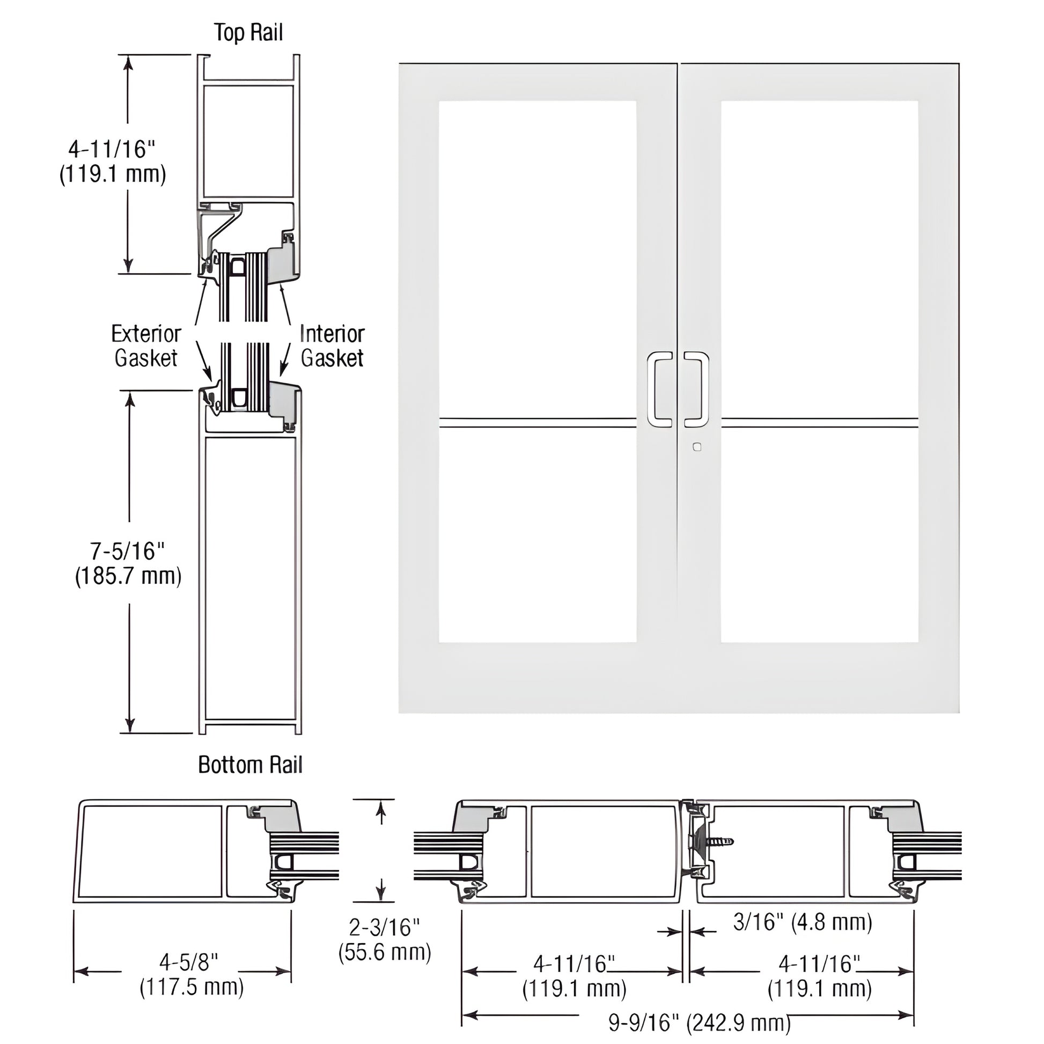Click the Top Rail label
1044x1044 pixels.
coord(248,32)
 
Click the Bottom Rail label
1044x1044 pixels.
coord(250,764)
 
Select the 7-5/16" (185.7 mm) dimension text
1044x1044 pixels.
coord(128,564)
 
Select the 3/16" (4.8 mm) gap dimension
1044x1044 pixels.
coord(803,922)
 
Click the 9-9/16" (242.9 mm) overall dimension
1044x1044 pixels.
coord(699,1023)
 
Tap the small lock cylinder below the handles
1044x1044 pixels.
coord(697,447)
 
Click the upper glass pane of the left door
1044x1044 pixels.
coord(537,259)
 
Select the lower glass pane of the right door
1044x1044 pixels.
coord(819,535)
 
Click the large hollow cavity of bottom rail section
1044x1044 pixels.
coord(250,578)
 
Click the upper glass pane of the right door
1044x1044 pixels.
coord(819,259)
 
